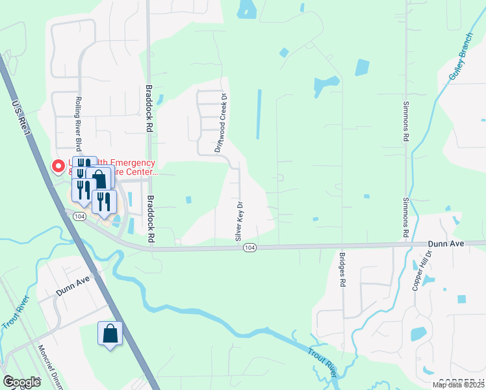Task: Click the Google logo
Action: [x=21, y=382]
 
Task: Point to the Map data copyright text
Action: [x=458, y=385]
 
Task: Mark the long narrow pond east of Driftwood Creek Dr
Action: [x=259, y=114]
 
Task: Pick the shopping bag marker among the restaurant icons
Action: [x=100, y=176]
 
